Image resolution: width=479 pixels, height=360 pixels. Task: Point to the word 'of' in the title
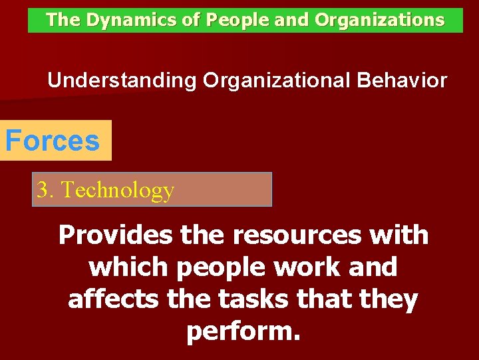192,20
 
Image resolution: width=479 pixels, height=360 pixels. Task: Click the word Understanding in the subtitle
122,81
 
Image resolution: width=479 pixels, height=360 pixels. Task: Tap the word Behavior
402,81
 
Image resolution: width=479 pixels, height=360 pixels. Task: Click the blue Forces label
53,141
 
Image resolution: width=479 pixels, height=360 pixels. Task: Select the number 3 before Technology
43,190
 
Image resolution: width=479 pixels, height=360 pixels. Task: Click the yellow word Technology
118,191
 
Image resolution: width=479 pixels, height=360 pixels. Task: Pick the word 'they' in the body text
391,299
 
